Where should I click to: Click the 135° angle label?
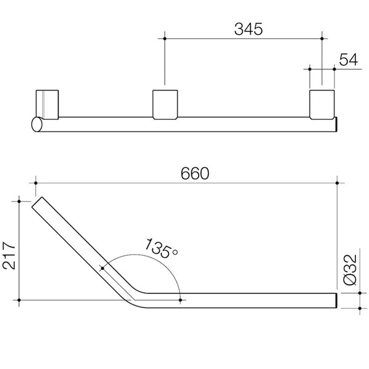161,247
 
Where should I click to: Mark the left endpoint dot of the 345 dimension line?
165,38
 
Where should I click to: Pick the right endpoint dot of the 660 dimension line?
337,182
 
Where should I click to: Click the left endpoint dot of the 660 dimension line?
36,182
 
